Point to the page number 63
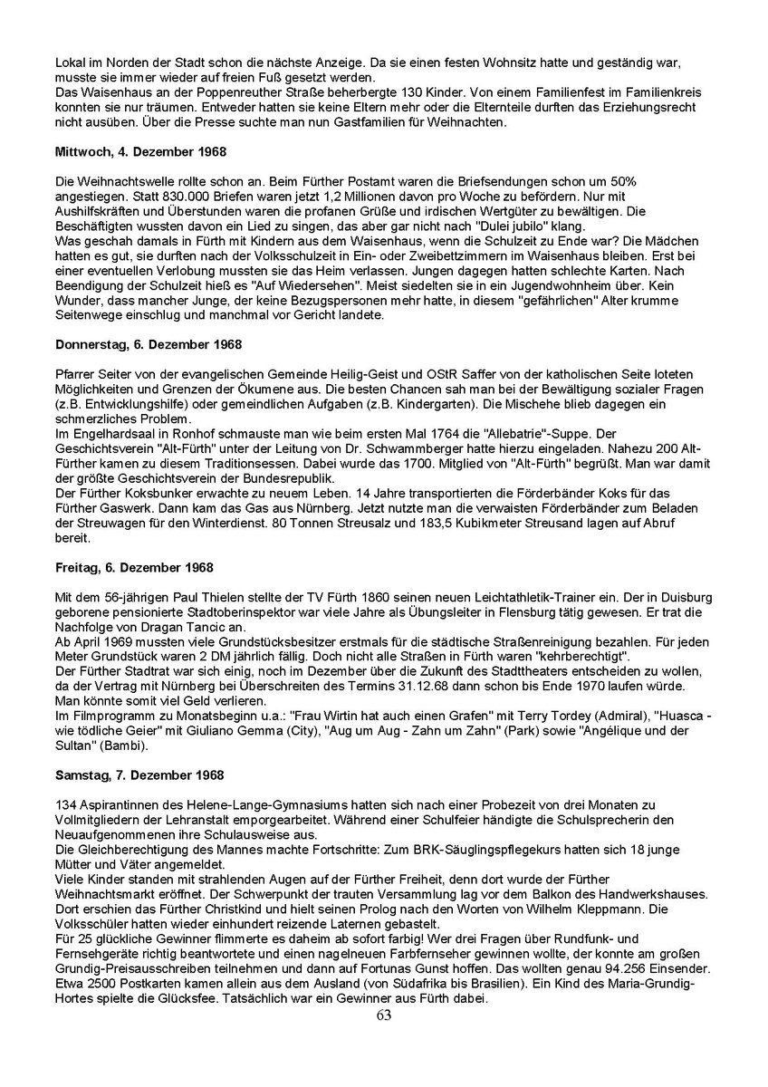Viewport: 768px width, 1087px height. (x=384, y=1015)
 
